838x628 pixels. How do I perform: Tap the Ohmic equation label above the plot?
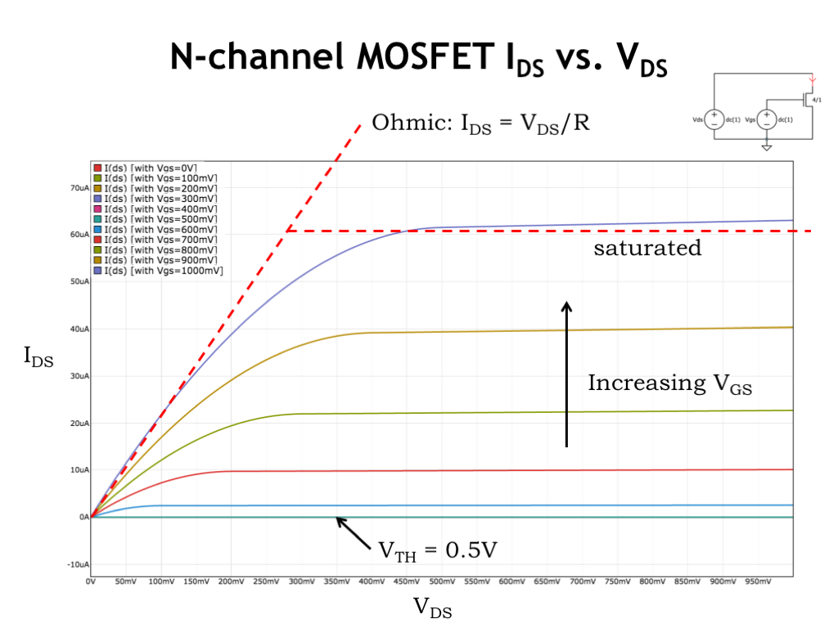tap(480, 124)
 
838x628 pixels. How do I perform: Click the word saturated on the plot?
tap(647, 248)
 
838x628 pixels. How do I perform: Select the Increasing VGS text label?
tap(669, 384)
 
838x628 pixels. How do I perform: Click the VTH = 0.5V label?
tap(437, 549)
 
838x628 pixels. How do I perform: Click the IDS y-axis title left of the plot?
tap(38, 357)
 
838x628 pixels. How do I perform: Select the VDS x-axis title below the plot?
tap(432, 607)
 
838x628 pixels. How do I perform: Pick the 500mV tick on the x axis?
tap(441, 581)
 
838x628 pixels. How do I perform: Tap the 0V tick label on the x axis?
tap(91, 581)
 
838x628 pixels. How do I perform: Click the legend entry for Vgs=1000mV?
tap(159, 270)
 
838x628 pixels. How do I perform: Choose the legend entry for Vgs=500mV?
tap(156, 219)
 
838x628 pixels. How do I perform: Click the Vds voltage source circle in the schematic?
tap(714, 119)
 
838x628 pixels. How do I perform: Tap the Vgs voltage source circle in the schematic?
tap(767, 119)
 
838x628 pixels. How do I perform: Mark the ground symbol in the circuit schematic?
tap(767, 148)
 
